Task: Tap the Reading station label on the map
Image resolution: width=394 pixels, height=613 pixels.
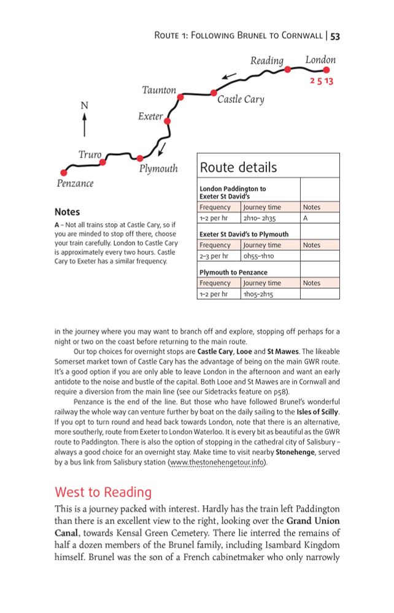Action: click(x=267, y=61)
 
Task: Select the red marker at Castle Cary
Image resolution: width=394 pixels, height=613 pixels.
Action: click(x=213, y=93)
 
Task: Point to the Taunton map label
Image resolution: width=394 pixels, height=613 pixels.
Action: click(x=159, y=90)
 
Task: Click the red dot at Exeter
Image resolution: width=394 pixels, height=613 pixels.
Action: click(x=167, y=121)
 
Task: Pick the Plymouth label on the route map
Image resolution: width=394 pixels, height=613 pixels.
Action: click(x=158, y=169)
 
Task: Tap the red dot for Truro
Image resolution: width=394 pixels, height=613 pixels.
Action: click(x=102, y=162)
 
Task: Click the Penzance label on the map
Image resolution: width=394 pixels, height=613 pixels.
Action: click(x=75, y=183)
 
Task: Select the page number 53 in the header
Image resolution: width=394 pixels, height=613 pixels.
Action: click(x=335, y=36)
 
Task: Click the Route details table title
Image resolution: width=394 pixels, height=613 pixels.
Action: click(x=238, y=167)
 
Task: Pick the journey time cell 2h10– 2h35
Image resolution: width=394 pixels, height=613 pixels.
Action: click(x=260, y=218)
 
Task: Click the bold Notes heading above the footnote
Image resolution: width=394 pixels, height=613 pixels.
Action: click(x=67, y=212)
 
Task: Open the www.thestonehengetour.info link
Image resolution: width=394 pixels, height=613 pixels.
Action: click(x=218, y=462)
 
